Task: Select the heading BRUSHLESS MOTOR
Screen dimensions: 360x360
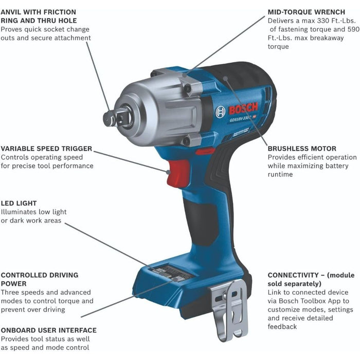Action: point(302,149)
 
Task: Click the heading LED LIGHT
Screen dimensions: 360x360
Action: point(19,203)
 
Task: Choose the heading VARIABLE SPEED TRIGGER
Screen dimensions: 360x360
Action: point(46,149)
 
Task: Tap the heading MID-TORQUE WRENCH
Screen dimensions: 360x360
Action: point(307,12)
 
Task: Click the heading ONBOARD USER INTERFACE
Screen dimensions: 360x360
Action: point(48,330)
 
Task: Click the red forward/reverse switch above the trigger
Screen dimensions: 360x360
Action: point(205,152)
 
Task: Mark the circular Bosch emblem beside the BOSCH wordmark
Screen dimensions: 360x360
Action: point(221,112)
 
